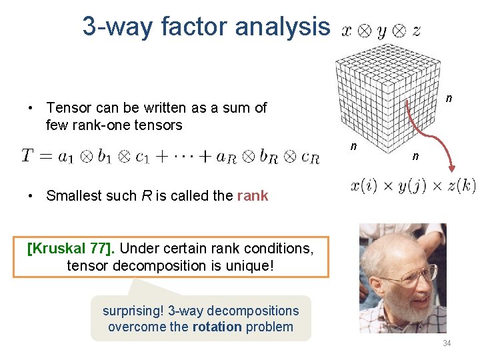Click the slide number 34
(447, 343)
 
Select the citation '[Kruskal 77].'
(71, 249)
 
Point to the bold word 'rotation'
(217, 327)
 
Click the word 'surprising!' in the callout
(133, 311)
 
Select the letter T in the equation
(27, 156)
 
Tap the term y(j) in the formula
(412, 186)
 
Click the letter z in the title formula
(416, 31)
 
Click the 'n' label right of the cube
(449, 99)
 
